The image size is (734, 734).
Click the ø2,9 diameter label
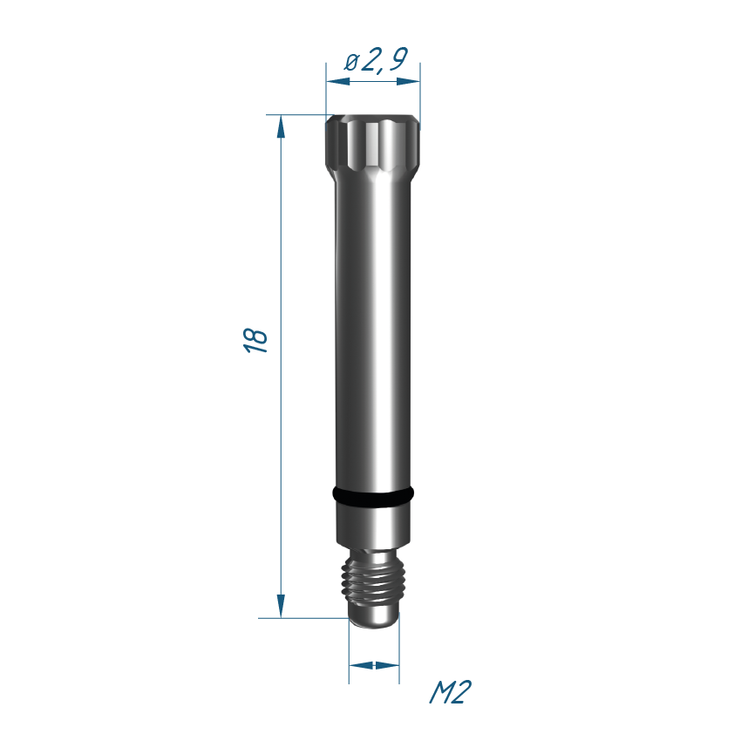pyautogui.click(x=377, y=60)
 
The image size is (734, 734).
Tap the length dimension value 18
pyautogui.click(x=255, y=340)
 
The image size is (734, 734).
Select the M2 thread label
pyautogui.click(x=450, y=692)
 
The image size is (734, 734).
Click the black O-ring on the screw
pyautogui.click(x=373, y=497)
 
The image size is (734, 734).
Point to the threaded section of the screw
pyautogui.click(x=373, y=581)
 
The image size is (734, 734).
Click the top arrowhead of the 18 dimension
pyautogui.click(x=281, y=126)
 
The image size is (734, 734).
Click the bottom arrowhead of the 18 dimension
pyautogui.click(x=281, y=606)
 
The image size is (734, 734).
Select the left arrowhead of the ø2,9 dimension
pyautogui.click(x=338, y=81)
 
